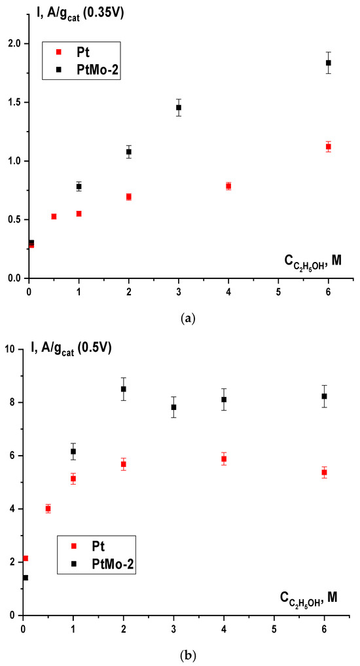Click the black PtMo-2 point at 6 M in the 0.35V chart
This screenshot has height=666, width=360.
pyautogui.click(x=328, y=63)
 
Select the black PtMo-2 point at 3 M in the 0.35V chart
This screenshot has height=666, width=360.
pyautogui.click(x=179, y=107)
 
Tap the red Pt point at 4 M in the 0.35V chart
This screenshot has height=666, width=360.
pyautogui.click(x=228, y=186)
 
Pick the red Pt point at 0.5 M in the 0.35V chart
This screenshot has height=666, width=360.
pyautogui.click(x=54, y=217)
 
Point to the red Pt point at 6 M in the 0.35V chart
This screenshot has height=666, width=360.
pyautogui.click(x=328, y=147)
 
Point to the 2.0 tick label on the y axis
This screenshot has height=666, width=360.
pyautogui.click(x=16, y=44)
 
